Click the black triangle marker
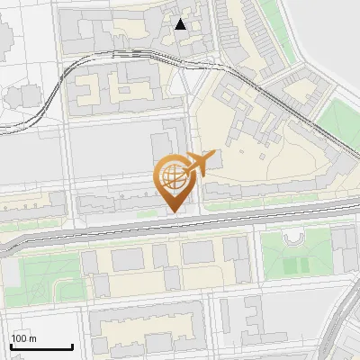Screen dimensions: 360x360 click(x=181, y=24)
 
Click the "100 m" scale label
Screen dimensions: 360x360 click(x=24, y=338)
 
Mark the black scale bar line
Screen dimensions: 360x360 click(x=41, y=347)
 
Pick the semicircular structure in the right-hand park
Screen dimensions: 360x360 click(x=295, y=237)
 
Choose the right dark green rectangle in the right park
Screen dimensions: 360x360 click(x=307, y=266)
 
